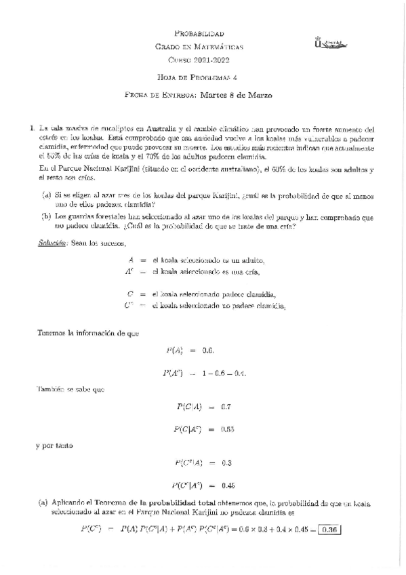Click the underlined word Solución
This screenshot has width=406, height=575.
(51, 242)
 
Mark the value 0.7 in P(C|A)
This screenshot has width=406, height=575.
(226, 407)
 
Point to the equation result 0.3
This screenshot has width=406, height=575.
(226, 462)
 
